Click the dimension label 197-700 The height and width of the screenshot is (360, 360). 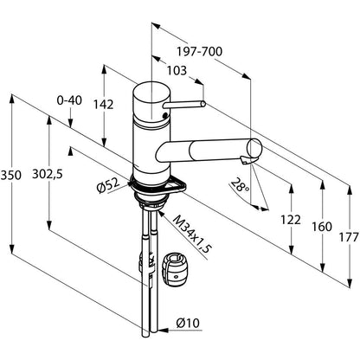pyautogui.click(x=199, y=52)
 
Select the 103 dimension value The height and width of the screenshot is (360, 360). pyautogui.click(x=177, y=70)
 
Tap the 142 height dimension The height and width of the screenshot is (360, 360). pyautogui.click(x=103, y=105)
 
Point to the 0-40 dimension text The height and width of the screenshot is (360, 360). pyautogui.click(x=69, y=100)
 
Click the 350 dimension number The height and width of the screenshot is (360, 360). pyautogui.click(x=11, y=175)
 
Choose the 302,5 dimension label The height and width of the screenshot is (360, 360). pyautogui.click(x=48, y=174)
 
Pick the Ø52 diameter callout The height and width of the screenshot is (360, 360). pyautogui.click(x=108, y=185)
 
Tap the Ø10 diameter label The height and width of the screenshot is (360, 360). pyautogui.click(x=188, y=323)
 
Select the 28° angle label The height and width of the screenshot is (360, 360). pyautogui.click(x=241, y=185)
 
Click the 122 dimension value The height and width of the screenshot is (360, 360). pyautogui.click(x=291, y=220)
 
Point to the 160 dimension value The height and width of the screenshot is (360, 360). pyautogui.click(x=322, y=227)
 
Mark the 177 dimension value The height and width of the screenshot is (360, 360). pyautogui.click(x=349, y=237)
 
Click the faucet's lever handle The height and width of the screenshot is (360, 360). pyautogui.click(x=183, y=105)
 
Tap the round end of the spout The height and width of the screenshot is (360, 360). pyautogui.click(x=254, y=148)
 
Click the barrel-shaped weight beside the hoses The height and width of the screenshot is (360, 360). pyautogui.click(x=176, y=270)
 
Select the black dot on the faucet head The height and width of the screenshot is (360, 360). pyautogui.click(x=164, y=115)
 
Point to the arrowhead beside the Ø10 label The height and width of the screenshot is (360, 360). pyautogui.click(x=164, y=330)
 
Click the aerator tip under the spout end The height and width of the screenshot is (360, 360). pyautogui.click(x=244, y=160)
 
